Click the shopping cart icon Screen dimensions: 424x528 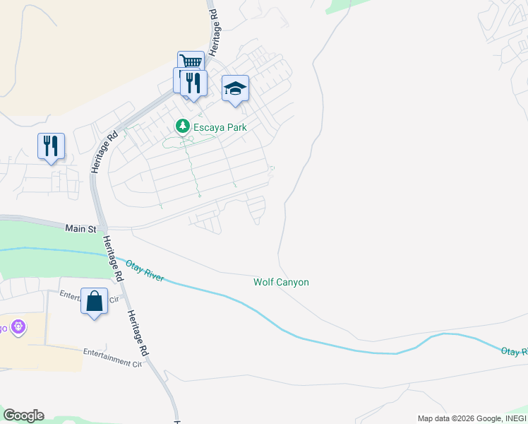[x=191, y=62]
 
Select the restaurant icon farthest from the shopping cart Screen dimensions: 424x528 [x=51, y=146]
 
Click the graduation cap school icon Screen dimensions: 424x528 [x=235, y=88]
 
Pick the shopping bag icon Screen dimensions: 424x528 [x=94, y=302]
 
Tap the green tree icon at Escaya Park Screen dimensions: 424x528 [x=183, y=126]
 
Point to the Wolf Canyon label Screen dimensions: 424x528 [x=281, y=282]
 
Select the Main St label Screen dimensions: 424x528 [x=80, y=229]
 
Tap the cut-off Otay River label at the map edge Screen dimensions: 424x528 [x=514, y=351]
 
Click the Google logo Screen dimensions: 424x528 [x=23, y=416]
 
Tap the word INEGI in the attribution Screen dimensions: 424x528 [x=513, y=418]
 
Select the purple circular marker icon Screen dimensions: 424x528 [x=18, y=327]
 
